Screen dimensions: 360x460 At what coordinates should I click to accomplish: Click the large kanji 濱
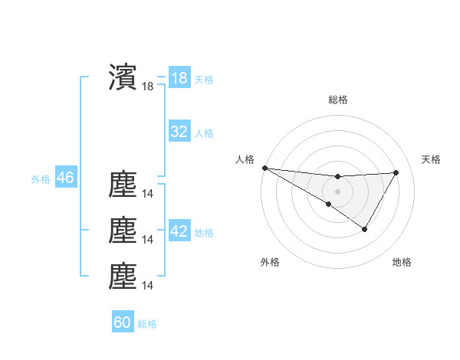pos(123,77)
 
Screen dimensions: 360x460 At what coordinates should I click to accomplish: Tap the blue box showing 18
pos(179,78)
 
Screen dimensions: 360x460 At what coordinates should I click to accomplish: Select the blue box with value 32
pos(179,132)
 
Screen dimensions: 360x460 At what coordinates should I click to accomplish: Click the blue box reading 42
pos(179,231)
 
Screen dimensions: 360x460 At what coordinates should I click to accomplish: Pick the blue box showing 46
pos(65,178)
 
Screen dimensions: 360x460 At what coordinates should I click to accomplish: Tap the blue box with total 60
pos(123,322)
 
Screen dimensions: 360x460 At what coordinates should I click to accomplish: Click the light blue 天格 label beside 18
pos(204,80)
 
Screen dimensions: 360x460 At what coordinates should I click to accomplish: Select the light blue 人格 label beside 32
pos(204,133)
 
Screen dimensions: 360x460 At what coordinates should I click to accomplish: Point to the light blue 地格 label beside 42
pos(204,233)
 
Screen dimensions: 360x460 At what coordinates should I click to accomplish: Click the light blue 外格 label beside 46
pos(41,179)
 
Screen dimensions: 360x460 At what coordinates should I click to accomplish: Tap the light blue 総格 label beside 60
pos(147,324)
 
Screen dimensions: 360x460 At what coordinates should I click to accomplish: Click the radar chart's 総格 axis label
pos(337,100)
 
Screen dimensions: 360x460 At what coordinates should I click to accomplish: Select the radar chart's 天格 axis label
pos(432,159)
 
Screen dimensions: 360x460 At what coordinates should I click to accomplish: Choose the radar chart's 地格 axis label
pos(402,263)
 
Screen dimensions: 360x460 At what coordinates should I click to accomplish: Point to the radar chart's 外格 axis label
pos(270,263)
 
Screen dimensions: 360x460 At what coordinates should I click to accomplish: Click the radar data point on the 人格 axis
pos(264,168)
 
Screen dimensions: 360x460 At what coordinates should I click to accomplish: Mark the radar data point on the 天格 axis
pos(396,172)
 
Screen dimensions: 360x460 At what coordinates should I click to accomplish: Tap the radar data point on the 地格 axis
pos(365,229)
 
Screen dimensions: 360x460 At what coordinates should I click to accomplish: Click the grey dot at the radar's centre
pos(337,191)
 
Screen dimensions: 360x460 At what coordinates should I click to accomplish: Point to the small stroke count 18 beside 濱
pos(148,87)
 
